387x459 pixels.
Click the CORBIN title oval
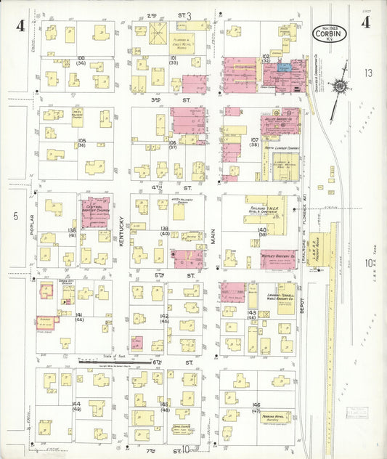[330, 33]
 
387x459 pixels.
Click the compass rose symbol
[340, 86]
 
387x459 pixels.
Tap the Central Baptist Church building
[94, 211]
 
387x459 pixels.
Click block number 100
[81, 57]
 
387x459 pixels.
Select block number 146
[256, 405]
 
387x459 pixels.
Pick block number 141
[78, 314]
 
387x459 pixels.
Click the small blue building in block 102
[283, 66]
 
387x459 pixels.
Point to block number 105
[82, 140]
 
